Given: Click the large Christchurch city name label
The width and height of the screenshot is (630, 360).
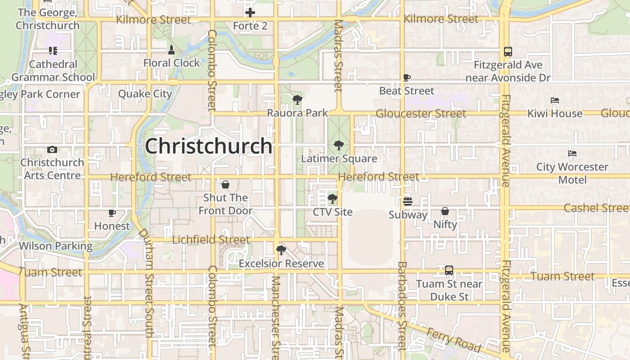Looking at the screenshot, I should click(x=208, y=146).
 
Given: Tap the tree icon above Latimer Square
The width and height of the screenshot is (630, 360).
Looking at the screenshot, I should click(x=338, y=145).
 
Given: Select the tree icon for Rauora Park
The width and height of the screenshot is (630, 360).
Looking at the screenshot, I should click(x=297, y=100).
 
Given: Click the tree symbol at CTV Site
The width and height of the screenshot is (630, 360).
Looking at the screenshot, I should click(x=333, y=198).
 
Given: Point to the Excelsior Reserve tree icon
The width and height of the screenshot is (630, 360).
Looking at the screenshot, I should click(x=281, y=250).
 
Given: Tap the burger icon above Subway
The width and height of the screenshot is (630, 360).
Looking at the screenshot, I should click(x=408, y=201).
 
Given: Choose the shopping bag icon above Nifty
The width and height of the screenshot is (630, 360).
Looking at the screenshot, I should click(x=445, y=211).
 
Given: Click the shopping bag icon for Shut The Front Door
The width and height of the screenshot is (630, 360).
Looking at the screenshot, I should click(x=225, y=184).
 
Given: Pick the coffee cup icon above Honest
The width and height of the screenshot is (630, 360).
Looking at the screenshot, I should click(x=112, y=213).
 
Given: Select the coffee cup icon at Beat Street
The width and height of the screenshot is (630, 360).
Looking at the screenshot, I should click(x=407, y=78).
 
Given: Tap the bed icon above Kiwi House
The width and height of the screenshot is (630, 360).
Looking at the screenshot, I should click(x=555, y=100).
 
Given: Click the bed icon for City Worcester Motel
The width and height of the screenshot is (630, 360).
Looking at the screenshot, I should click(x=572, y=153).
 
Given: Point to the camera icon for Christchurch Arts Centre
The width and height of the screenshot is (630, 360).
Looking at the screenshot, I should click(x=52, y=149).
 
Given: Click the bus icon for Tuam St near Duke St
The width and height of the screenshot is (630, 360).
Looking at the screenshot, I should click(x=449, y=270).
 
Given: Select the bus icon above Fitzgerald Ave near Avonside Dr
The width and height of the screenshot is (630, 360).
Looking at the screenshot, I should click(x=508, y=52).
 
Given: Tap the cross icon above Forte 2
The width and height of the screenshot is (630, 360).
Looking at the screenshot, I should click(x=250, y=13).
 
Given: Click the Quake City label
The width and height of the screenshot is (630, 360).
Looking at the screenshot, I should click(x=145, y=94).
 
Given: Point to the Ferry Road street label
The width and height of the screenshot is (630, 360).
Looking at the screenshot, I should click(x=454, y=340).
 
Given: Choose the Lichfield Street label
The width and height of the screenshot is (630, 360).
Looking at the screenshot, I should click(x=211, y=240).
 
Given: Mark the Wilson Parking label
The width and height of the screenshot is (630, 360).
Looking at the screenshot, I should click(x=56, y=246).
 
